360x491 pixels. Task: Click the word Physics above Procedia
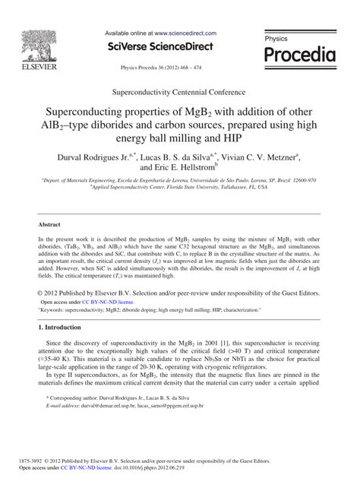pos(276,37)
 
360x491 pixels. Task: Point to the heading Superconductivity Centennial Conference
pos(179,90)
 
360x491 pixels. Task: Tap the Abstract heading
pos(51,226)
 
